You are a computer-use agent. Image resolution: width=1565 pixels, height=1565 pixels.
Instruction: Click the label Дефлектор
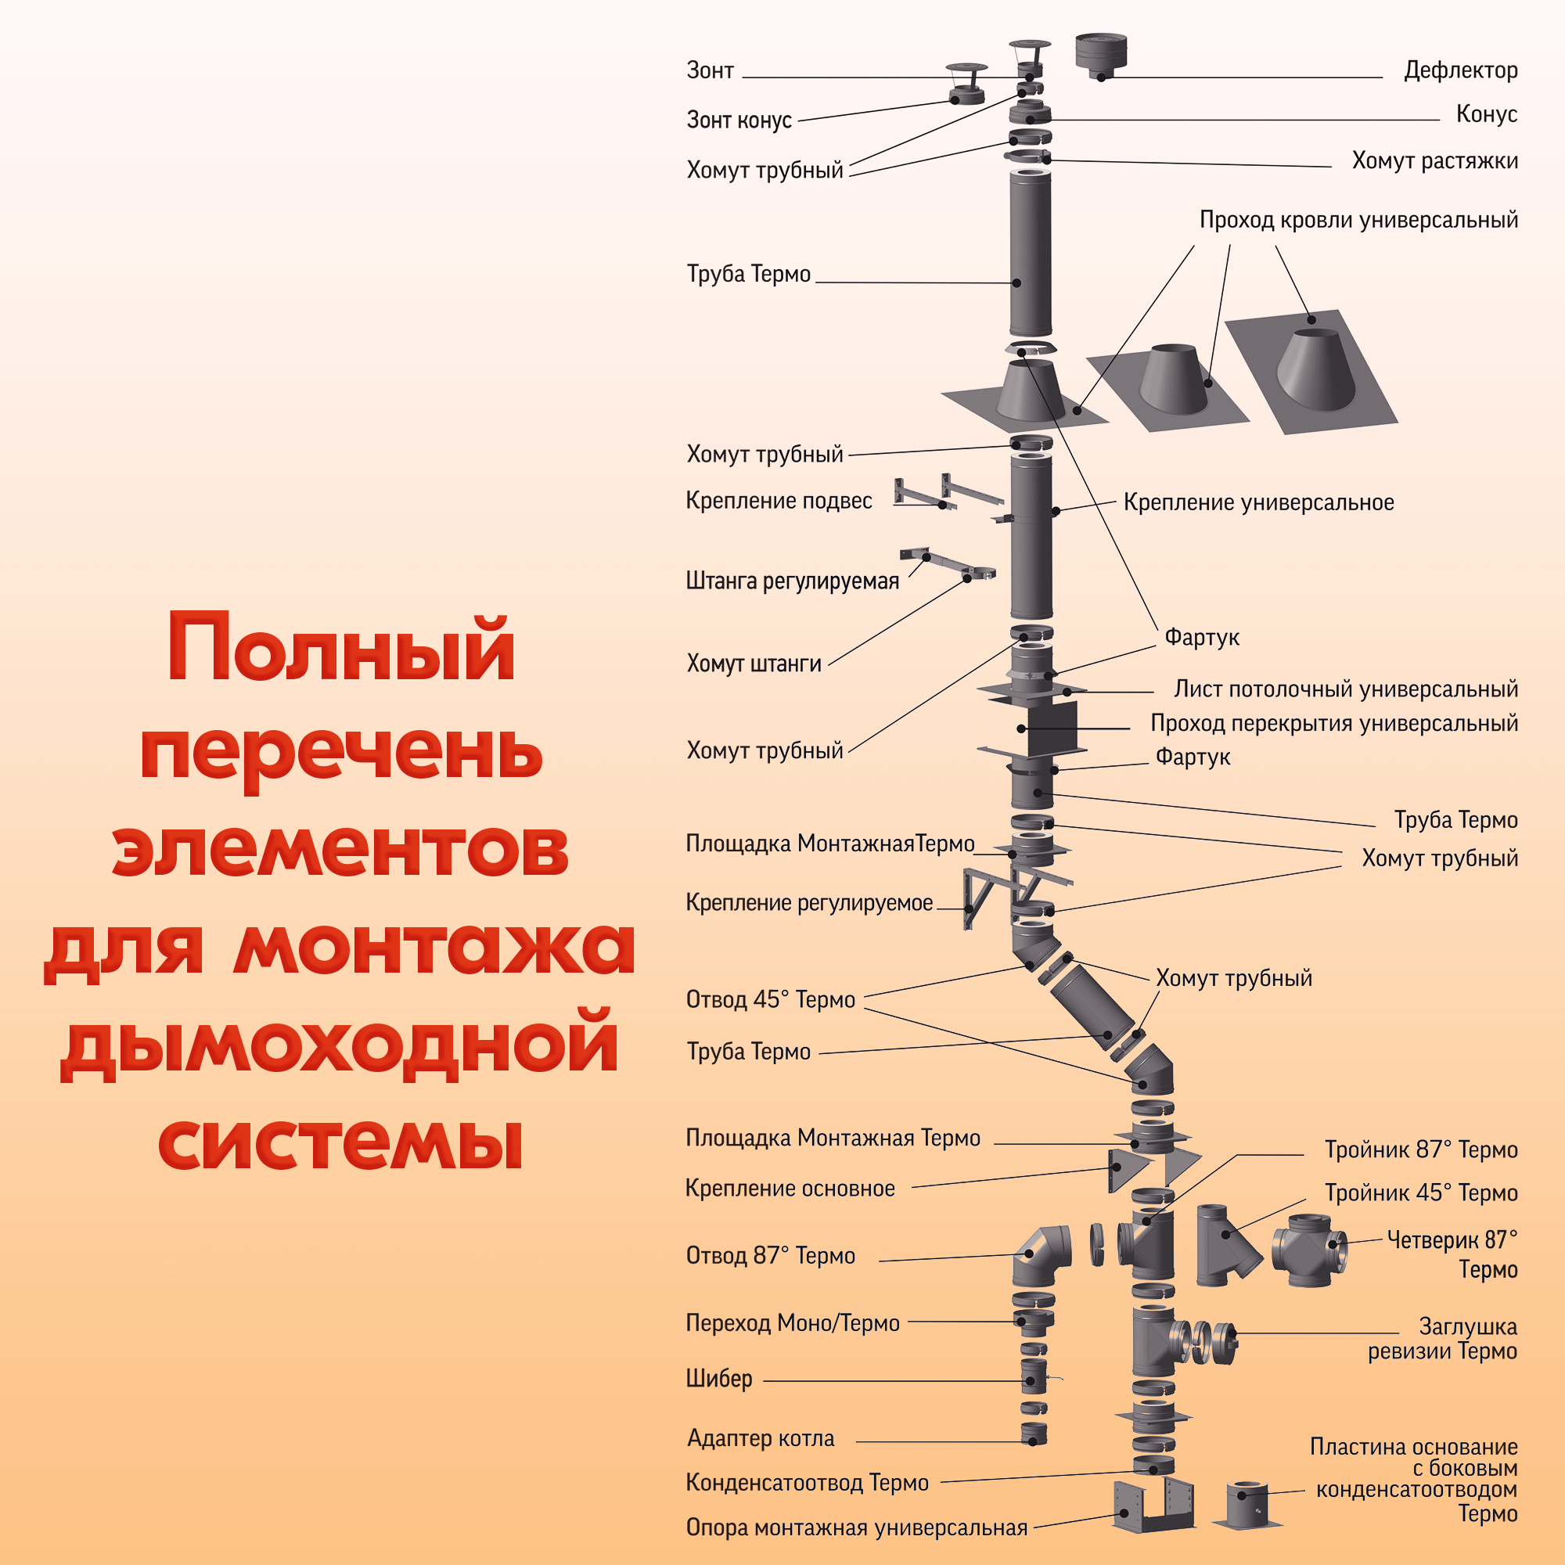pyautogui.click(x=1459, y=70)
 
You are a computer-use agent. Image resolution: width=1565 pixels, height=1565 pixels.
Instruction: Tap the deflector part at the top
pyautogui.click(x=1101, y=54)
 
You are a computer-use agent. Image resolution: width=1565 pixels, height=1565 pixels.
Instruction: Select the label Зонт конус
pyautogui.click(x=739, y=120)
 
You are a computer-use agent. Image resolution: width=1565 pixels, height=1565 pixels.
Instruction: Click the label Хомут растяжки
pyautogui.click(x=1434, y=160)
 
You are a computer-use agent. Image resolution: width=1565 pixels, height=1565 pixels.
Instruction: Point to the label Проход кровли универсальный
pyautogui.click(x=1358, y=220)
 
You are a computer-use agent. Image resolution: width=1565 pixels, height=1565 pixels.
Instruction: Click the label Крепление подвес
pyautogui.click(x=779, y=501)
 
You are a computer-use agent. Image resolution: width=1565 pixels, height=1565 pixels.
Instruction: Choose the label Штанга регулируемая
pyautogui.click(x=792, y=581)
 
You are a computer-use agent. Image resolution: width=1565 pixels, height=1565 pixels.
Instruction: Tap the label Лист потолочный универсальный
pyautogui.click(x=1344, y=689)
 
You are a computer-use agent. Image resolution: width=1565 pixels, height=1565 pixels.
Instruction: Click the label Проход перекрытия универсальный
pyautogui.click(x=1333, y=723)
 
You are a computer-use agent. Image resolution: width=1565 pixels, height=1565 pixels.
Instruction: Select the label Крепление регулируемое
pyautogui.click(x=808, y=902)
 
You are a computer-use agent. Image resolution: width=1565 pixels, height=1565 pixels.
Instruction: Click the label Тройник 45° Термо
pyautogui.click(x=1420, y=1193)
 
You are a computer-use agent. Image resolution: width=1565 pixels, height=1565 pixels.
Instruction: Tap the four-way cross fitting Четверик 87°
pyautogui.click(x=1308, y=1250)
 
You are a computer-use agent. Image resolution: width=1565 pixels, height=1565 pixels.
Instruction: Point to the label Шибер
pyautogui.click(x=718, y=1378)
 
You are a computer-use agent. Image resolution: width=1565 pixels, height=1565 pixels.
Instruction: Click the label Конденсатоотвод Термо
pyautogui.click(x=807, y=1482)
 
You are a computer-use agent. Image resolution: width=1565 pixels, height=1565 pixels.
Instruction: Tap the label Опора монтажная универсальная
pyautogui.click(x=855, y=1527)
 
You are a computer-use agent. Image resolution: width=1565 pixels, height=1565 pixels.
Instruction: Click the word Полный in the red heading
pyautogui.click(x=340, y=650)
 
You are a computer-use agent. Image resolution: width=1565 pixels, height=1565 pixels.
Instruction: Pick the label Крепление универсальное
pyautogui.click(x=1258, y=502)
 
